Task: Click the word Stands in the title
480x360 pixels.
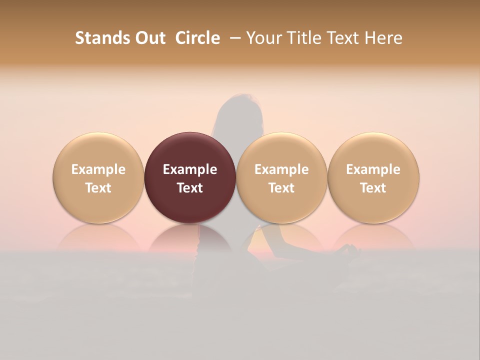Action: coord(103,38)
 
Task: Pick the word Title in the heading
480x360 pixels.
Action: coord(305,38)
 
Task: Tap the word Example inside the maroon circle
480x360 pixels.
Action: coord(190,169)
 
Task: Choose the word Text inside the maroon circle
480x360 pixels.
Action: coord(190,188)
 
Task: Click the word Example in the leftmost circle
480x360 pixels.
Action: coord(98,169)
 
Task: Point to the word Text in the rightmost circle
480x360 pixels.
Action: coord(373,188)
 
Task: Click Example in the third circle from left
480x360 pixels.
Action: coord(281,169)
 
